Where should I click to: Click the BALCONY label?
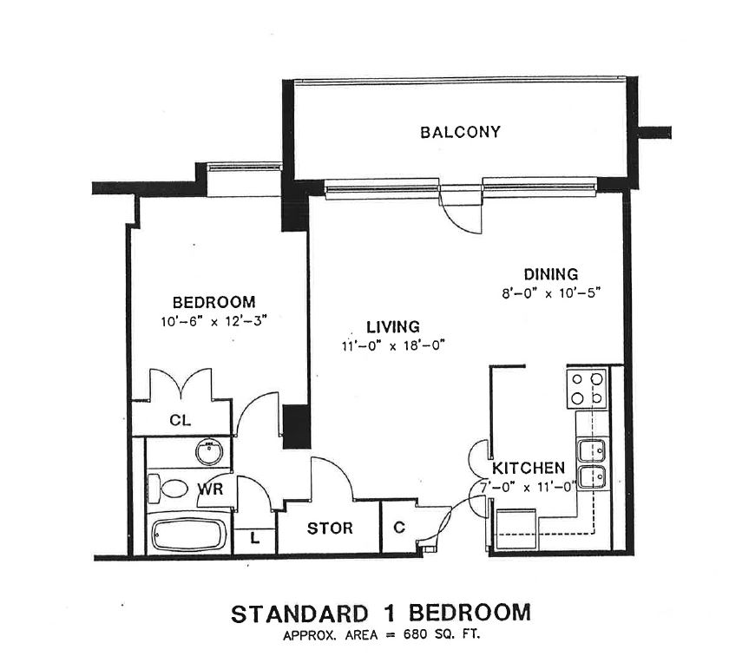[x=460, y=133]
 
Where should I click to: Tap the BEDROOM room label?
[x=213, y=303]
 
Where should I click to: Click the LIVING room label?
[x=392, y=327]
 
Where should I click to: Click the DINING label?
[x=550, y=275]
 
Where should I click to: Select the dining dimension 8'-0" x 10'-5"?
[x=550, y=292]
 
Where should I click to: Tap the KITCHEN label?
[x=529, y=467]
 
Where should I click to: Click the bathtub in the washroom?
[x=188, y=534]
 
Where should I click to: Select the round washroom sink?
[x=208, y=453]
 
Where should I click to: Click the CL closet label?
[x=180, y=421]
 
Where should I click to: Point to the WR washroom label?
[x=211, y=489]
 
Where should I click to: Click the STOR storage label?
[x=330, y=528]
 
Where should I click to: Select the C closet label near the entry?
[x=399, y=527]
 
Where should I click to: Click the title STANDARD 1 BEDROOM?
[x=380, y=614]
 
